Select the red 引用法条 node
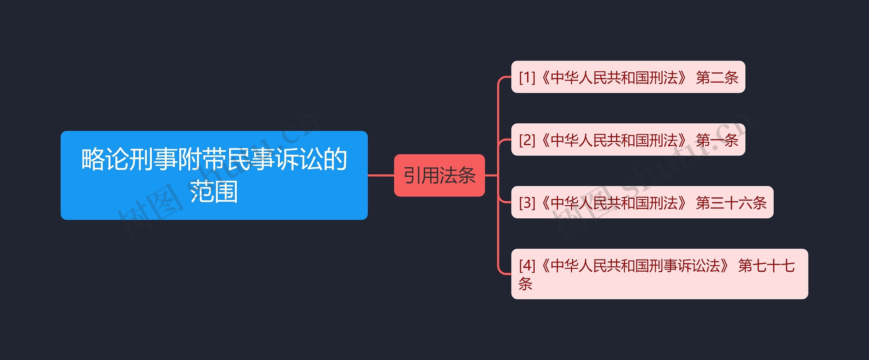pos(439,175)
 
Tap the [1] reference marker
pos(527,77)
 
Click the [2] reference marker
pos(527,140)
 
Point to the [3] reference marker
pos(527,203)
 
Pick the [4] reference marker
pos(527,266)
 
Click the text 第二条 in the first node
pos(717,77)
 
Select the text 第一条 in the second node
pos(717,140)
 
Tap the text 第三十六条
pos(731,203)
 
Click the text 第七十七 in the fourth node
pos(766,266)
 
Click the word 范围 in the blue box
pos(214,192)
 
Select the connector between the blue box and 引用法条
pos(381,175)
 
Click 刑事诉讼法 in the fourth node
pos(685,266)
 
